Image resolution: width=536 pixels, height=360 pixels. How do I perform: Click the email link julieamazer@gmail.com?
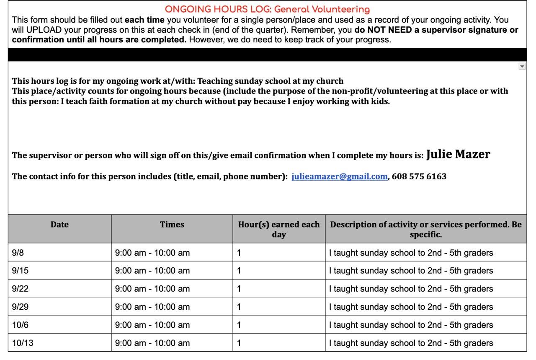339,176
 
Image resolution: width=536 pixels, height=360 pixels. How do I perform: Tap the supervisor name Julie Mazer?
458,155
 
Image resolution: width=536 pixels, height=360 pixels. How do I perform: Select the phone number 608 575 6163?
419,176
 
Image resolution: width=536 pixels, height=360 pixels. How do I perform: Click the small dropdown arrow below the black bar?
522,66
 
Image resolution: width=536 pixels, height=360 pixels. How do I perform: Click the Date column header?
59,225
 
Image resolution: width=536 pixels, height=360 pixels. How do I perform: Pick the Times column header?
172,225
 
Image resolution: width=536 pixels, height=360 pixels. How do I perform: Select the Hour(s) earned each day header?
278,229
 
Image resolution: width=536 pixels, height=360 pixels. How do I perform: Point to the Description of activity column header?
426,229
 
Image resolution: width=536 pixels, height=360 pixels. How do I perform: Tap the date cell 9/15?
20,271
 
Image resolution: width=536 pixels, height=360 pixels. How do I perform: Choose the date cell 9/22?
20,289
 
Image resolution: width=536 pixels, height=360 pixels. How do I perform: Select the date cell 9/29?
20,307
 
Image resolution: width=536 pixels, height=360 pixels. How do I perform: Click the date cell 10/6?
20,325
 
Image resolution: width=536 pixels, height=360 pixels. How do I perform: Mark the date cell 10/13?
23,343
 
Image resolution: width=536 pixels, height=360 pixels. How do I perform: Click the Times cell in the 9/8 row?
152,253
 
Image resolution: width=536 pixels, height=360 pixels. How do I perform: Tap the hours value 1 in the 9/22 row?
239,289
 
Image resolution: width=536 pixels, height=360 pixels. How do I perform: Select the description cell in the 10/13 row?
411,343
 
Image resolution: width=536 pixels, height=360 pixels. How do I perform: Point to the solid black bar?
267,54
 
